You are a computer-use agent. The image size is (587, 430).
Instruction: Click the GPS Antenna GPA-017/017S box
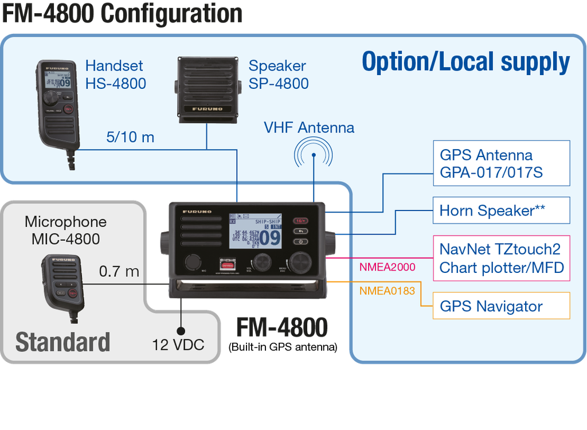(502, 163)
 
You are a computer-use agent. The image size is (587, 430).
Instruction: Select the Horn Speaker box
(502, 210)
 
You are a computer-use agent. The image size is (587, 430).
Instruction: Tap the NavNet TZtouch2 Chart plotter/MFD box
(502, 258)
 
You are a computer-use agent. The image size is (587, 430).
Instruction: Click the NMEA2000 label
(387, 267)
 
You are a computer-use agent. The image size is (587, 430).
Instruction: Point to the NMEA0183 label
(387, 291)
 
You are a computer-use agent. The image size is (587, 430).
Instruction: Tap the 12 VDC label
(178, 345)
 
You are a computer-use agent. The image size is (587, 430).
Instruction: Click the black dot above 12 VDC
(181, 331)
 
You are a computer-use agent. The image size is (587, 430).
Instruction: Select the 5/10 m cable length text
(130, 138)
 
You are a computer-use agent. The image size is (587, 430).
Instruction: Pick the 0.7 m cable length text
(119, 271)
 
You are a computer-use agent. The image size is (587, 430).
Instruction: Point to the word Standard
(62, 342)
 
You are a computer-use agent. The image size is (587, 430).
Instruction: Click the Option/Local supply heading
(465, 62)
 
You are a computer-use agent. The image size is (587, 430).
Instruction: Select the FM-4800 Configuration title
(122, 13)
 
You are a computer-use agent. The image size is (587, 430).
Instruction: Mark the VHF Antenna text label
(308, 127)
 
